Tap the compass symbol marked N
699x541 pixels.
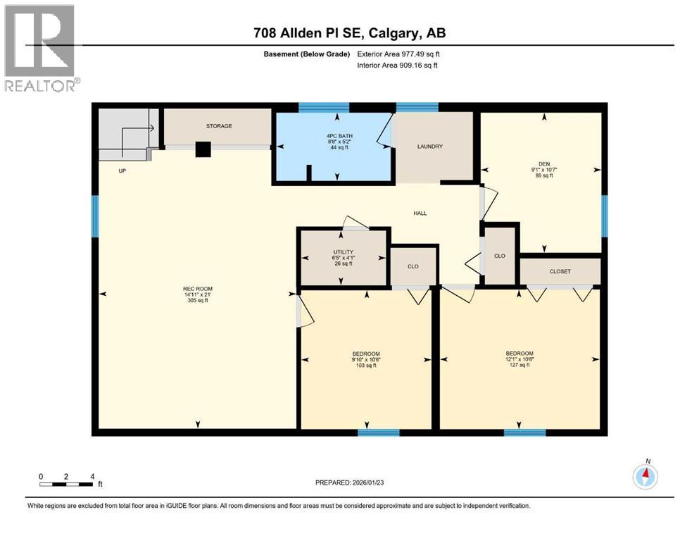tap(645, 477)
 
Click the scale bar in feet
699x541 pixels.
tap(66, 483)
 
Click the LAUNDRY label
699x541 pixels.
tap(429, 147)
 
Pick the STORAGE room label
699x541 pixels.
tap(218, 126)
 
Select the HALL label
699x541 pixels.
tap(420, 213)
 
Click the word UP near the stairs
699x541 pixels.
tap(122, 170)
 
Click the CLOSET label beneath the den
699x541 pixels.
tap(560, 271)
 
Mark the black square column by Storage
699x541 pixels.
tap(203, 149)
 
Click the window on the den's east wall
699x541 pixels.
tap(604, 216)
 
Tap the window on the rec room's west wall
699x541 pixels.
tap(95, 216)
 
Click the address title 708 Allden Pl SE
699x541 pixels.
tap(348, 33)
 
